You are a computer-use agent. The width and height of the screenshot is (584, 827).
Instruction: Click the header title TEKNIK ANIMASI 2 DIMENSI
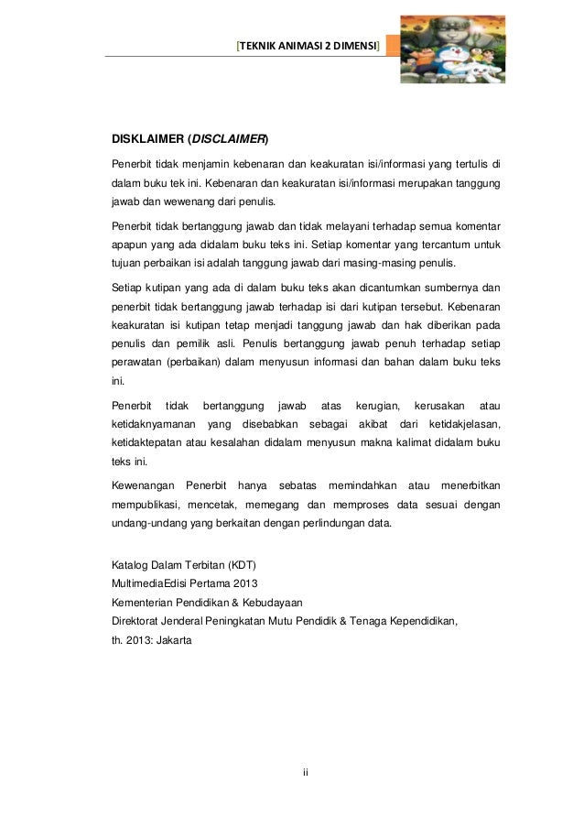(308, 45)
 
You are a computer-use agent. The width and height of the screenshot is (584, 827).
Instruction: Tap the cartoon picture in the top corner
(452, 47)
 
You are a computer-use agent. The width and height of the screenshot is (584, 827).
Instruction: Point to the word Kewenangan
(142, 484)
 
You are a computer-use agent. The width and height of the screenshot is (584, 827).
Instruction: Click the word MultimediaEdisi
(152, 583)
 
